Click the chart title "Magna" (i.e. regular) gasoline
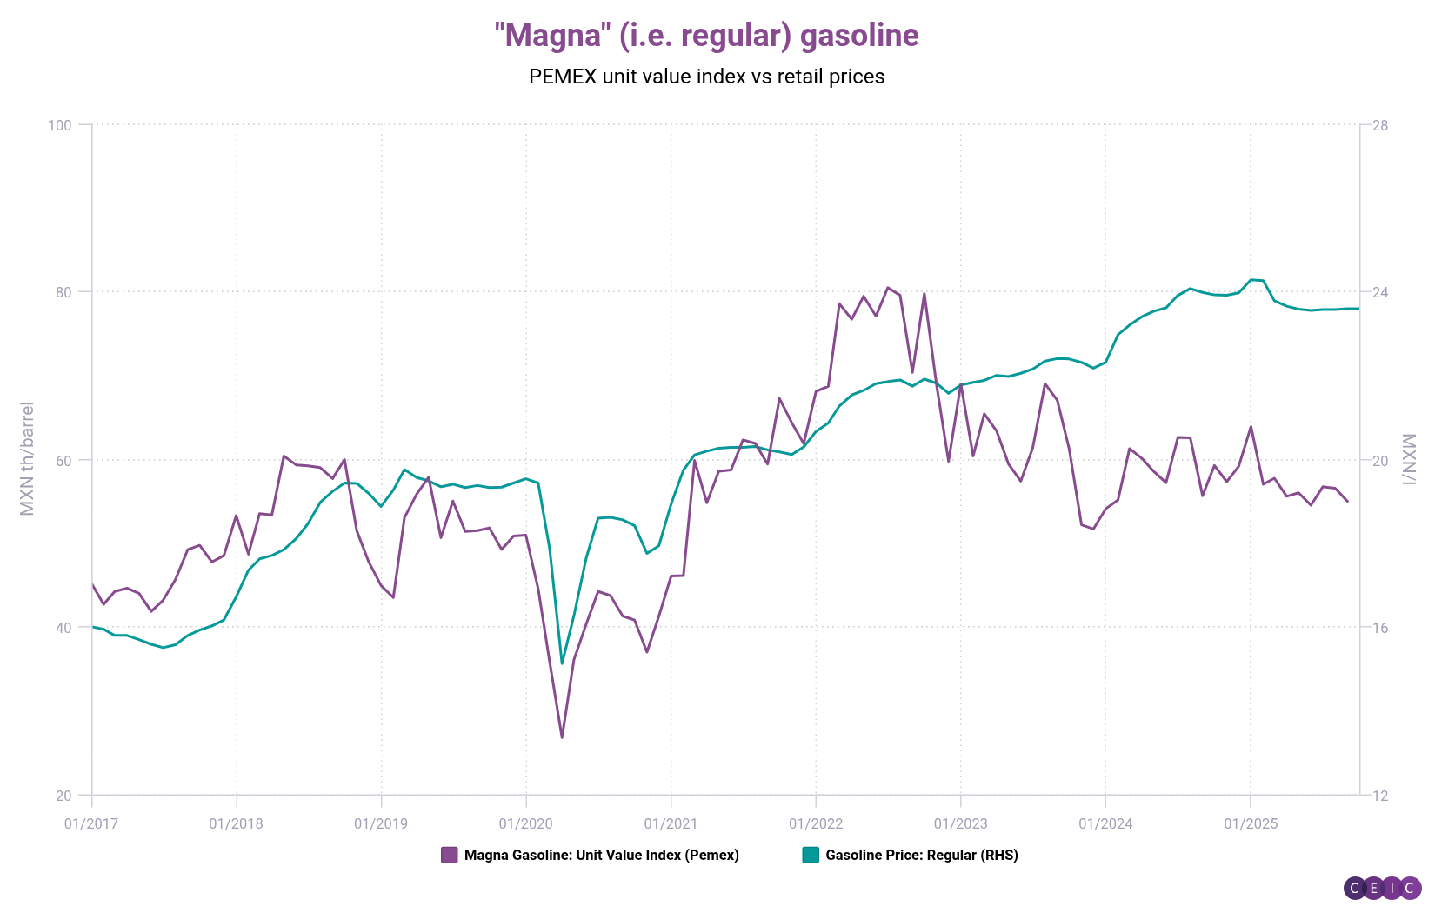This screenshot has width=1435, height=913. pyautogui.click(x=706, y=36)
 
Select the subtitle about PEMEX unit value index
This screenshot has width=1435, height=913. pyautogui.click(x=706, y=77)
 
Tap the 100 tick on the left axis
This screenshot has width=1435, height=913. pyautogui.click(x=59, y=125)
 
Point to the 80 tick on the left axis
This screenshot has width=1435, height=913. pyautogui.click(x=63, y=292)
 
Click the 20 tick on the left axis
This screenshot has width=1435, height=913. pyautogui.click(x=63, y=796)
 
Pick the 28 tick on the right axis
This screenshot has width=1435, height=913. pyautogui.click(x=1379, y=125)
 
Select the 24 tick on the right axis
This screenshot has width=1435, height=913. pyautogui.click(x=1379, y=292)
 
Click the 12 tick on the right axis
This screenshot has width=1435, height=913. pyautogui.click(x=1379, y=796)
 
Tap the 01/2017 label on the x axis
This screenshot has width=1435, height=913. pyautogui.click(x=91, y=823)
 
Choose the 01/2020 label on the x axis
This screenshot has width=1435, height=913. pyautogui.click(x=525, y=823)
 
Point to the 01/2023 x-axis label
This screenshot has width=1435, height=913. pyautogui.click(x=960, y=823)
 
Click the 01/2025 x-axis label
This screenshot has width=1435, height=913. pyautogui.click(x=1250, y=823)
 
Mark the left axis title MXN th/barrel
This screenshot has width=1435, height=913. pyautogui.click(x=27, y=458)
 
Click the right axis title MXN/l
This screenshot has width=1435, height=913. pyautogui.click(x=1410, y=458)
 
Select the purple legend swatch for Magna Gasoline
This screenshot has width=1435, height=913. pyautogui.click(x=449, y=855)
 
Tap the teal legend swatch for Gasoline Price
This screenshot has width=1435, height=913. pyautogui.click(x=810, y=855)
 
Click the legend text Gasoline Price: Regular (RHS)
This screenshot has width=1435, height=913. pyautogui.click(x=922, y=855)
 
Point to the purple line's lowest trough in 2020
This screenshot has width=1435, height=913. pyautogui.click(x=562, y=737)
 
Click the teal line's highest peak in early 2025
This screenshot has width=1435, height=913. pyautogui.click(x=1251, y=279)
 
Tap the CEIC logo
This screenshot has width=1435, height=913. pyautogui.click(x=1382, y=888)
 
